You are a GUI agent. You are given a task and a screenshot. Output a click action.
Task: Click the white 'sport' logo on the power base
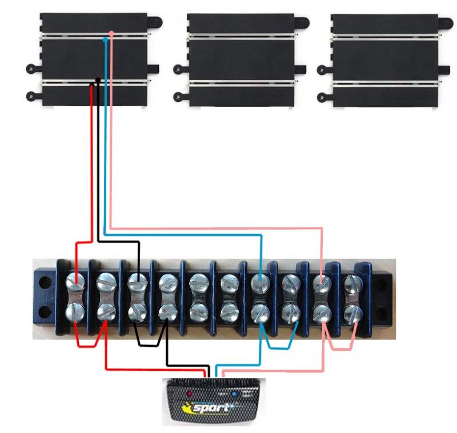213,408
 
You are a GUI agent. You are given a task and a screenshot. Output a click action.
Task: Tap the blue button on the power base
235,394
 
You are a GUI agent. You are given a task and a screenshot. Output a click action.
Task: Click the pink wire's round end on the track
111,34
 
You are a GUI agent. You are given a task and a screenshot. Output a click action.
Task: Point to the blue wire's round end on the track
105,41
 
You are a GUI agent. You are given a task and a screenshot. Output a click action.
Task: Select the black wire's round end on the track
98,79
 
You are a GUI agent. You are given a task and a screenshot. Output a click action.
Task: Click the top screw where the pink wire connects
322,282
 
